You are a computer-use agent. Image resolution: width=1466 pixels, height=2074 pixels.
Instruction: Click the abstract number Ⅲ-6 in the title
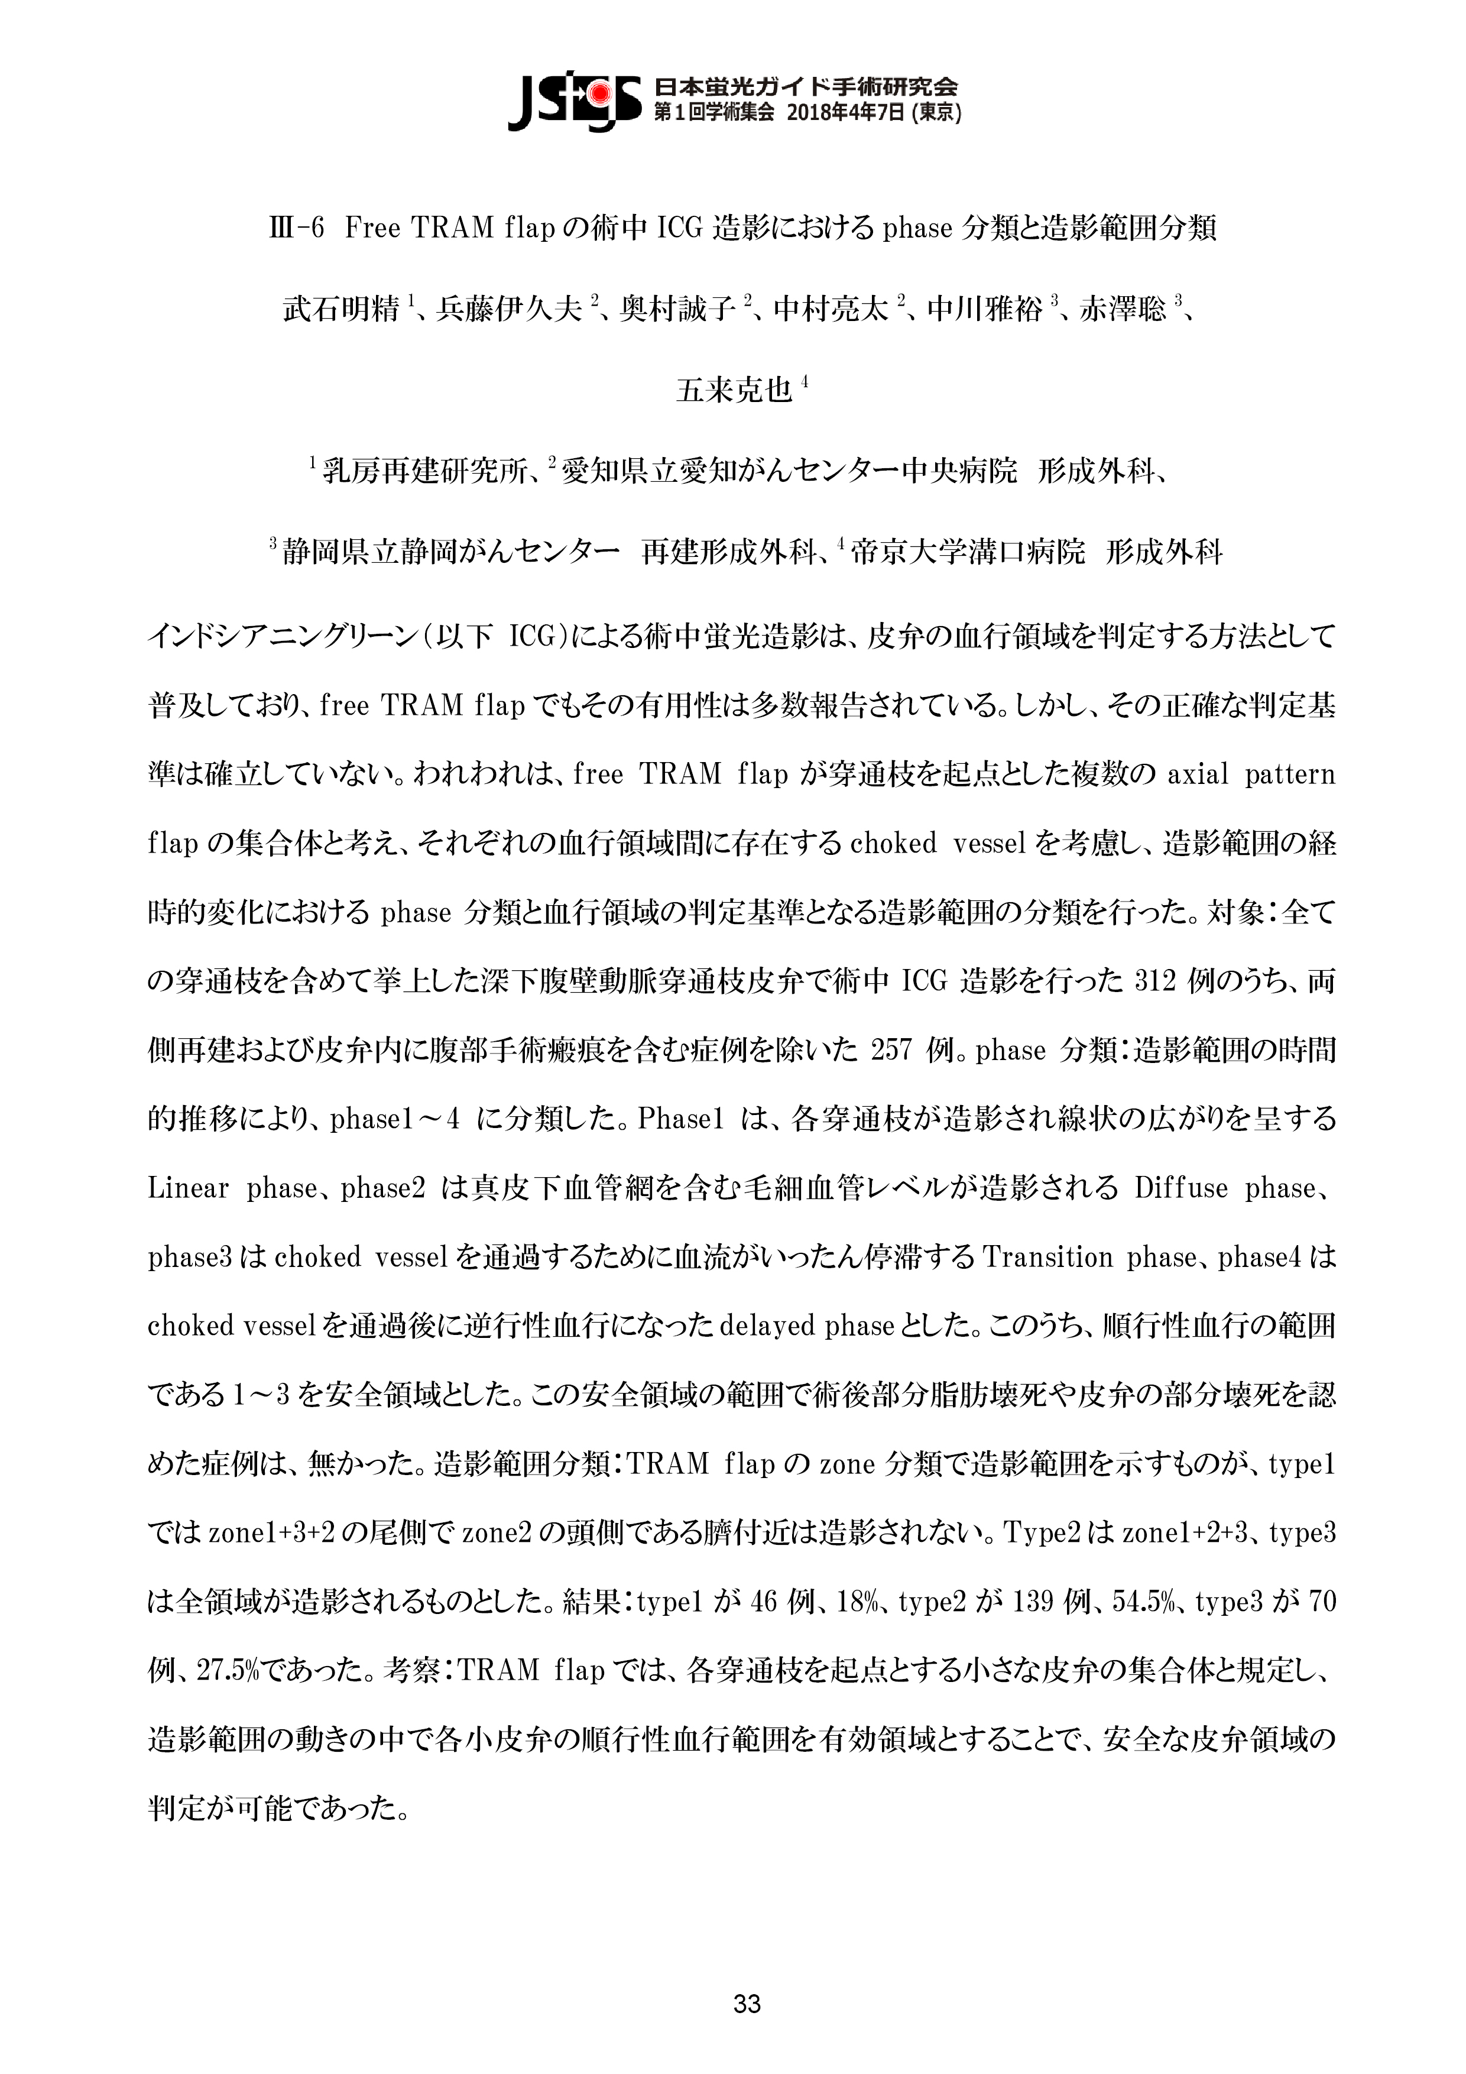[296, 229]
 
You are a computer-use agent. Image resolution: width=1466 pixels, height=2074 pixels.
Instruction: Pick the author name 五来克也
[734, 390]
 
